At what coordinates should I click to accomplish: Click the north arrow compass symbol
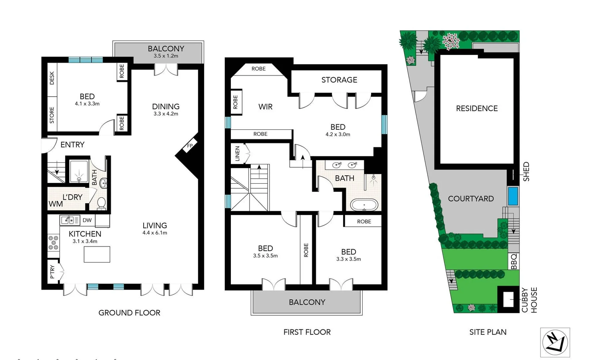(555, 342)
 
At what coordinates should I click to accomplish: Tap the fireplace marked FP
(190, 146)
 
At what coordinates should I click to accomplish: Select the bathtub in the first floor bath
(364, 205)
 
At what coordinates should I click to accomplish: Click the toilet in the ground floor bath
(101, 203)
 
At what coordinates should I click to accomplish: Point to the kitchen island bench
(97, 254)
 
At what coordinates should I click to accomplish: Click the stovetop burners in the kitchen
(53, 243)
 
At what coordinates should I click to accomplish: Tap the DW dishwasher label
(87, 220)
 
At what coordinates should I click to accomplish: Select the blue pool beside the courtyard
(513, 196)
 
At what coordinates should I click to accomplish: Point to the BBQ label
(514, 261)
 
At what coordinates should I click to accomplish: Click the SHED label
(526, 172)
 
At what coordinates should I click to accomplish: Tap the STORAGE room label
(339, 80)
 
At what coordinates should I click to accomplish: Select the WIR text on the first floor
(265, 107)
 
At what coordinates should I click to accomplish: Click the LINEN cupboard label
(237, 154)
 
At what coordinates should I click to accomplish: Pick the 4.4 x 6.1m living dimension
(155, 233)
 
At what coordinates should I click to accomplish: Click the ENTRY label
(72, 145)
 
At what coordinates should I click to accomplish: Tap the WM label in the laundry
(56, 204)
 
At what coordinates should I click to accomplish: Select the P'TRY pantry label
(52, 272)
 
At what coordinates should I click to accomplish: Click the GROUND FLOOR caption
(129, 313)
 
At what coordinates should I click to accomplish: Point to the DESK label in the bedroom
(52, 78)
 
